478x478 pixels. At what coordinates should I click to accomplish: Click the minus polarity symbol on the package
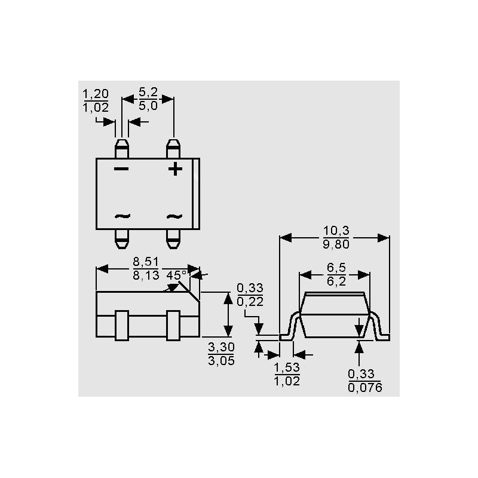coord(121,169)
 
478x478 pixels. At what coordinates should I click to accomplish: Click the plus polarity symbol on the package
coord(175,169)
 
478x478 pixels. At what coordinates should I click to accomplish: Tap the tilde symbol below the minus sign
coord(122,216)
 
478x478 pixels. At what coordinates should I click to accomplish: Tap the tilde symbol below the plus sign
coord(174,216)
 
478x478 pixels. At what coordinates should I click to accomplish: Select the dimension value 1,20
coord(96,94)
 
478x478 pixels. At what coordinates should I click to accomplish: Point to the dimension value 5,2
coord(148,92)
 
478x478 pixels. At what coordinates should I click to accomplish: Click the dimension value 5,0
coord(148,106)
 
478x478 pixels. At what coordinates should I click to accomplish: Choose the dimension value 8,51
coord(146,262)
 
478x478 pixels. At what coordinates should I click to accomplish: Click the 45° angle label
coord(176,275)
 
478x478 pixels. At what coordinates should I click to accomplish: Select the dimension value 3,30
coord(221,347)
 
